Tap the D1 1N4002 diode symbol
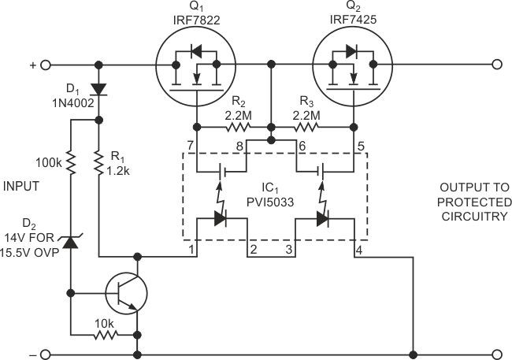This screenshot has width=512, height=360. click(x=99, y=89)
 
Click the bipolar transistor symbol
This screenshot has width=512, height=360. click(x=123, y=293)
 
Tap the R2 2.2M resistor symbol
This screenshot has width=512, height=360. click(x=233, y=127)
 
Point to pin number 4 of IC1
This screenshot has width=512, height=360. click(x=359, y=251)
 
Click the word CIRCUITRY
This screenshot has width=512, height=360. click(x=473, y=217)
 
